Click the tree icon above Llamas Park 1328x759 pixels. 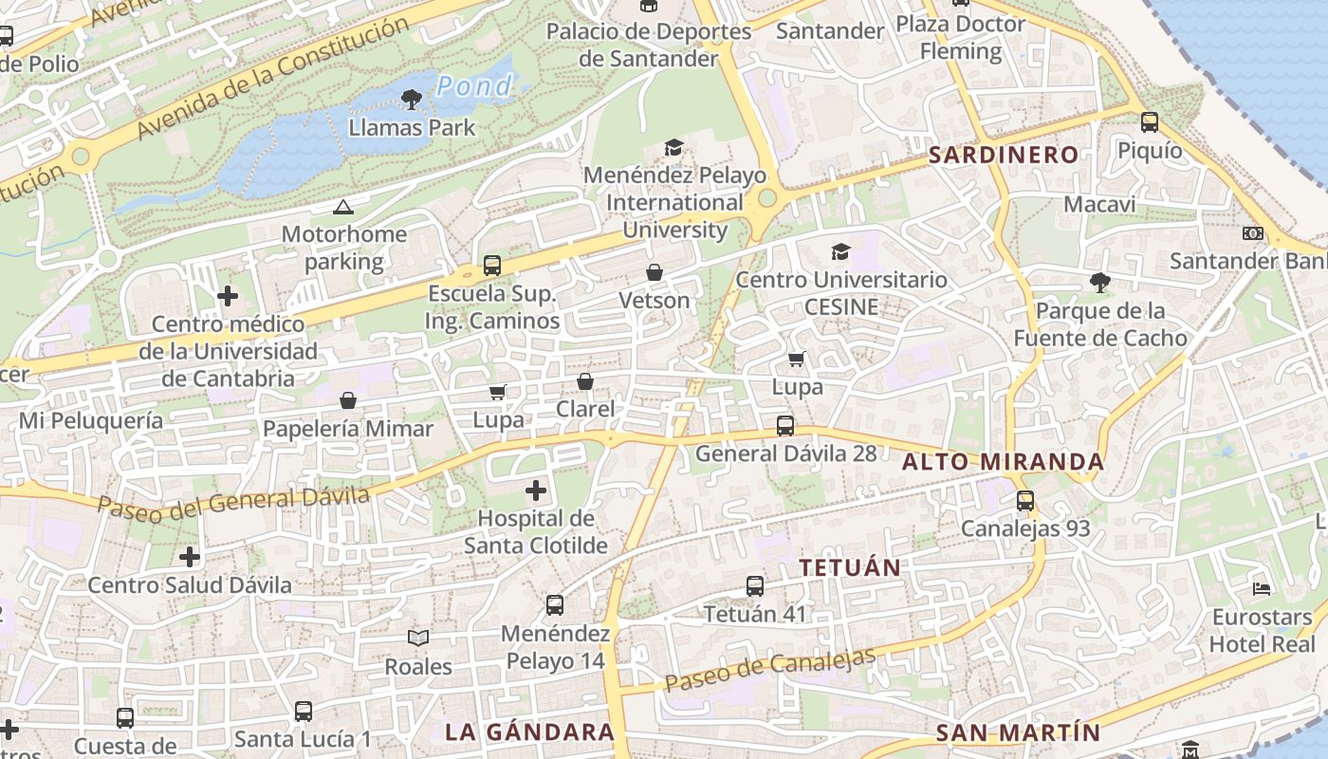pyautogui.click(x=412, y=98)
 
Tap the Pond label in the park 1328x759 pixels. pyautogui.click(x=474, y=86)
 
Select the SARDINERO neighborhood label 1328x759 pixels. pyautogui.click(x=1004, y=155)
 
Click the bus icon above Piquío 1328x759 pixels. pyautogui.click(x=1150, y=121)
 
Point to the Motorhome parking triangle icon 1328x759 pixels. pyautogui.click(x=343, y=207)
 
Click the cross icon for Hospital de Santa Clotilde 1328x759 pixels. pyautogui.click(x=536, y=491)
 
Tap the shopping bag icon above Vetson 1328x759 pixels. pyautogui.click(x=655, y=272)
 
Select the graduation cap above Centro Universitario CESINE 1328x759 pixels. pyautogui.click(x=840, y=251)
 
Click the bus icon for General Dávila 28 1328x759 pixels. pyautogui.click(x=785, y=425)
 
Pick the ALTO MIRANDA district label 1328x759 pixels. pyautogui.click(x=1003, y=462)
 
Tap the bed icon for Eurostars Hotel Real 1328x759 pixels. pyautogui.click(x=1261, y=589)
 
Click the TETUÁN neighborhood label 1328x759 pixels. pyautogui.click(x=849, y=567)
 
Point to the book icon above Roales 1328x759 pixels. pyautogui.click(x=418, y=638)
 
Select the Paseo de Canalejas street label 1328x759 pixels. pyautogui.click(x=769, y=670)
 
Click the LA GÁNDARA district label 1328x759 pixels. pyautogui.click(x=530, y=732)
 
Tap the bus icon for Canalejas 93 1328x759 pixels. pyautogui.click(x=1025, y=500)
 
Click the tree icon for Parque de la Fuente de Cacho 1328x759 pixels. pyautogui.click(x=1100, y=282)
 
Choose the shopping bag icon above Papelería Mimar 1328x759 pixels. pyautogui.click(x=348, y=400)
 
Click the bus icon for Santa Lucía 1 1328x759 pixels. pyautogui.click(x=304, y=711)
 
